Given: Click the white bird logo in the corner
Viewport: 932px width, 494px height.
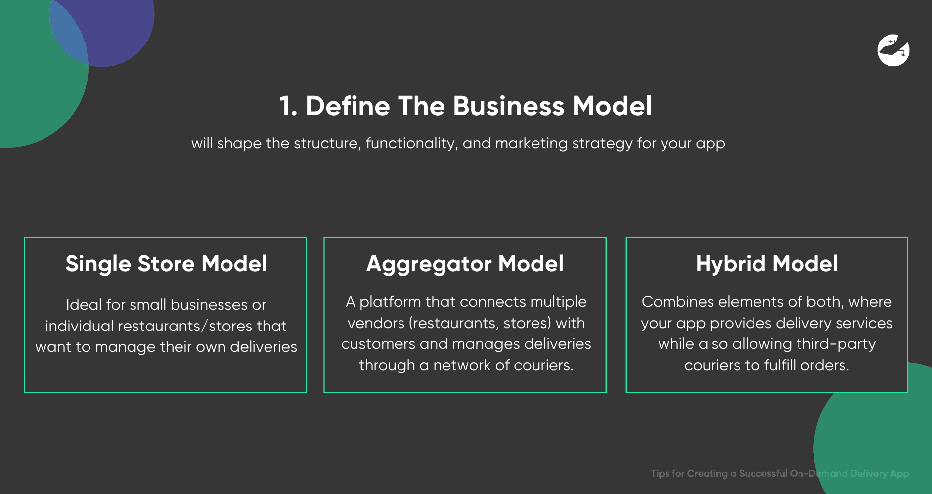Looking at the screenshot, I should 893,50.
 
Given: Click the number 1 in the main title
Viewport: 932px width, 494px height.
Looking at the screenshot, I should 286,106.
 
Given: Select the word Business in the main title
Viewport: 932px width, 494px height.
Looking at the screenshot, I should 509,106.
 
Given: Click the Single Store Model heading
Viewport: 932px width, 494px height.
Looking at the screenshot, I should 166,264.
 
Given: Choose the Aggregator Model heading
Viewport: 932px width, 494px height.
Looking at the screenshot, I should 465,264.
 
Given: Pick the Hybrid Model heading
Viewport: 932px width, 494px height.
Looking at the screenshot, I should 767,264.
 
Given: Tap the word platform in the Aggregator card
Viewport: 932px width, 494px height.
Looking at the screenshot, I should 390,302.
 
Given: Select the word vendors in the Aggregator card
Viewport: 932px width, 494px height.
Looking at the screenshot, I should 376,323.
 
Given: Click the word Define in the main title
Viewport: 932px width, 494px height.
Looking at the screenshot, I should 348,106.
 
